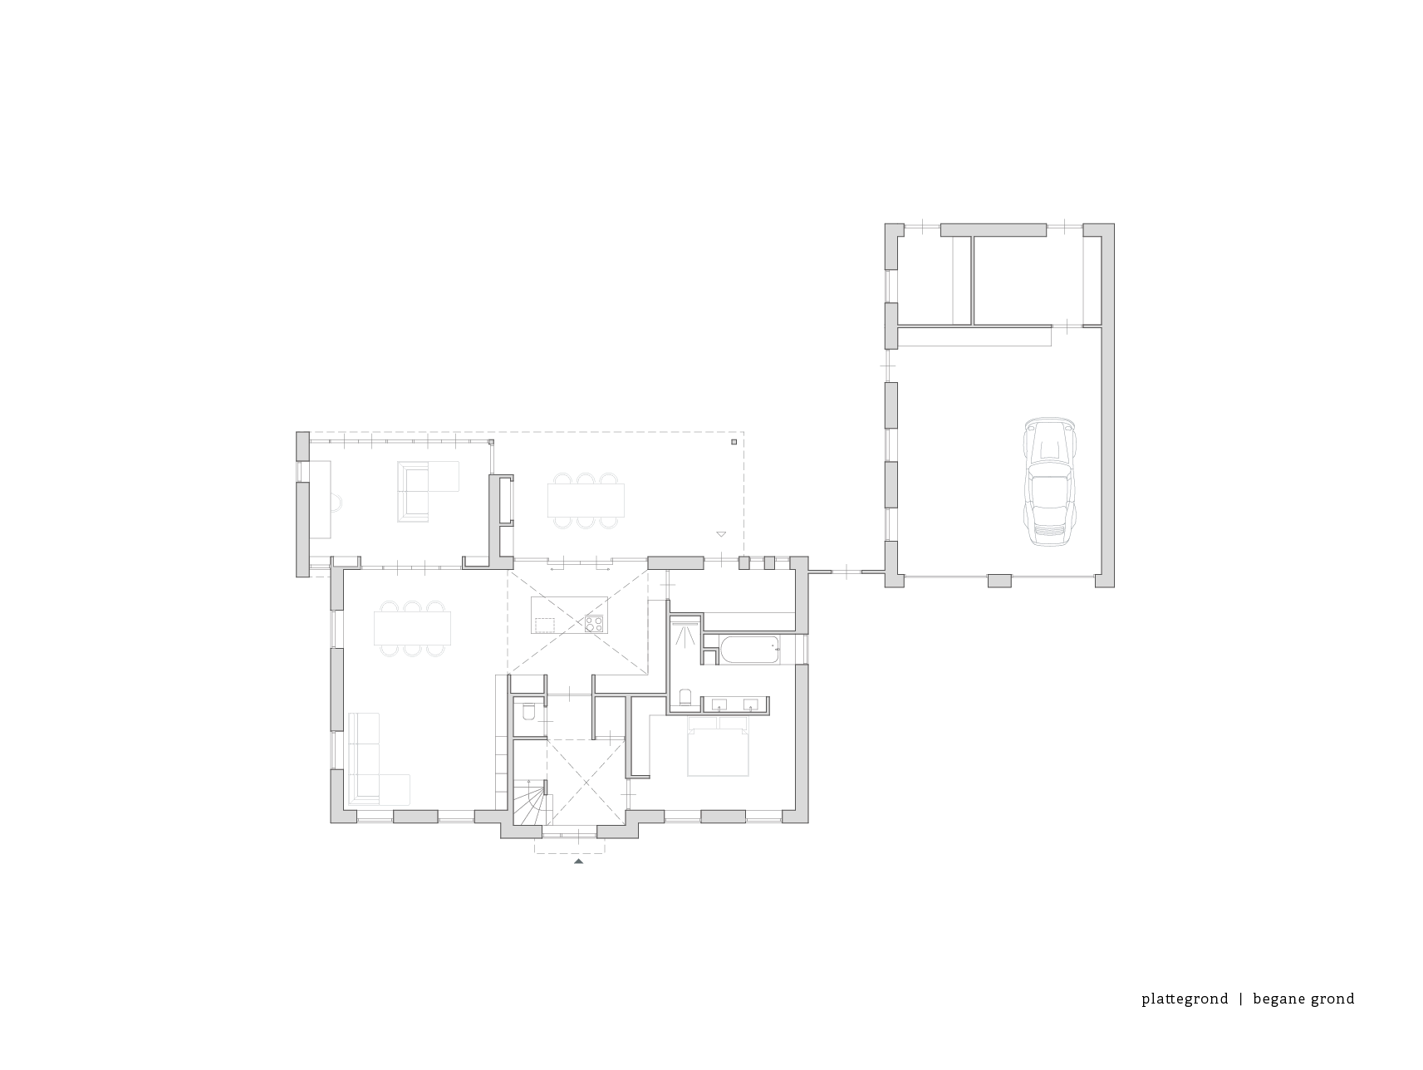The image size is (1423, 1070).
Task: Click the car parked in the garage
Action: pyautogui.click(x=1051, y=481)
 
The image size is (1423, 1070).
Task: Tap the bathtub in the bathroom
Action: pyautogui.click(x=749, y=650)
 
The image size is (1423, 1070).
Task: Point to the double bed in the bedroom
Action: pyautogui.click(x=719, y=749)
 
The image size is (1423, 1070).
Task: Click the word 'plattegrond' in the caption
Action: pyautogui.click(x=1185, y=999)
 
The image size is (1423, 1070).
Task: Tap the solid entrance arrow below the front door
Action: pyautogui.click(x=578, y=862)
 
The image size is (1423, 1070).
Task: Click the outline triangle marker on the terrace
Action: pyautogui.click(x=720, y=534)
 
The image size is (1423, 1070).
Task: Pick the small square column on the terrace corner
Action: pyautogui.click(x=734, y=442)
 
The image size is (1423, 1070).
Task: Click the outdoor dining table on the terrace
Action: pyautogui.click(x=586, y=500)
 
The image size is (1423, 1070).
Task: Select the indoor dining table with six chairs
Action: pyautogui.click(x=413, y=628)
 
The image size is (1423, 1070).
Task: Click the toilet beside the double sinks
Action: pyautogui.click(x=685, y=696)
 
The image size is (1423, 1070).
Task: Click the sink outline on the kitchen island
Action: pyautogui.click(x=546, y=621)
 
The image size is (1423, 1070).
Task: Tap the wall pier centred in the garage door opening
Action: pyautogui.click(x=999, y=580)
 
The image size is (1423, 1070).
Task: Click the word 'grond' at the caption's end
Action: pyautogui.click(x=1332, y=999)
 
